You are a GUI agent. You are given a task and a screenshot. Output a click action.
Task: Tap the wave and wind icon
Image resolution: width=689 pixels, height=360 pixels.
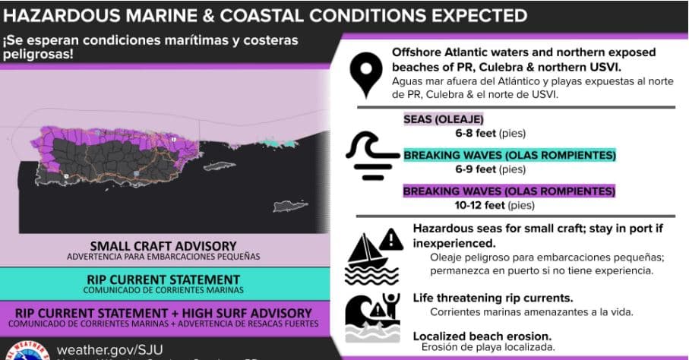coord(371,156)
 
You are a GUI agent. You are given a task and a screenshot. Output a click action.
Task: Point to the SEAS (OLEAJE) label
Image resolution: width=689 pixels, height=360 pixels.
coord(443,119)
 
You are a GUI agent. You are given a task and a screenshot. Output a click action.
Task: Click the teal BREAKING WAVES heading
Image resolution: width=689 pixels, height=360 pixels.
coord(509,155)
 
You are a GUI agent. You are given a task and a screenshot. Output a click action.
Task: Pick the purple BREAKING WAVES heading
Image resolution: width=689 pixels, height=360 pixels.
coord(509,191)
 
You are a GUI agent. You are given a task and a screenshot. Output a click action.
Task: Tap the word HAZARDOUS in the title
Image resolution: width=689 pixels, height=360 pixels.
coord(61,14)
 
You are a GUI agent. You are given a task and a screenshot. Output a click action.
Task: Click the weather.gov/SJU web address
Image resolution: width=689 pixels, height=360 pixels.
coord(111,349)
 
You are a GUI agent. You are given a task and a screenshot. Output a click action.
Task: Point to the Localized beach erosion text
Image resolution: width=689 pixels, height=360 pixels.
coord(483,336)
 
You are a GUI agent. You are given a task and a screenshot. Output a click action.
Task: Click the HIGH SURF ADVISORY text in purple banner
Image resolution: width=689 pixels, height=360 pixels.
coord(244,313)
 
